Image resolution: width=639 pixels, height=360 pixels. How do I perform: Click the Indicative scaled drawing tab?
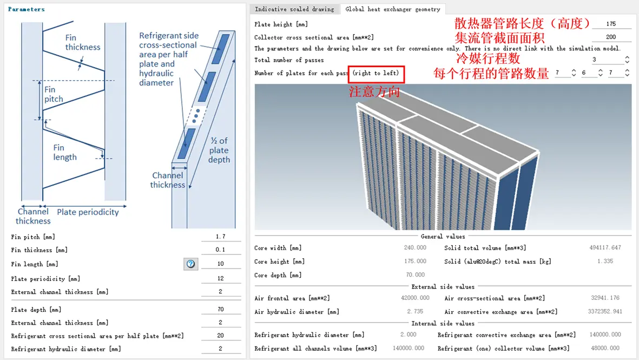pyautogui.click(x=294, y=9)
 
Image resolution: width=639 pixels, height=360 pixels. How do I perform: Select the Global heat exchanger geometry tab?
pyautogui.click(x=392, y=9)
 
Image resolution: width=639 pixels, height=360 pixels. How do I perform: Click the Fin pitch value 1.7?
pyautogui.click(x=220, y=237)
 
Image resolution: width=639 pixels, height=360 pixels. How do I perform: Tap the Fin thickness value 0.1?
pyautogui.click(x=220, y=250)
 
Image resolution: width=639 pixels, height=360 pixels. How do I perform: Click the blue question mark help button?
pyautogui.click(x=190, y=264)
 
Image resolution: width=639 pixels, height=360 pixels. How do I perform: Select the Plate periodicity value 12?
pyautogui.click(x=220, y=279)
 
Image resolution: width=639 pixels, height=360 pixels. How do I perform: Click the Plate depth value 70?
pyautogui.click(x=220, y=310)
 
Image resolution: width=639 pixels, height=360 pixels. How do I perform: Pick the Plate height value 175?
pyautogui.click(x=611, y=24)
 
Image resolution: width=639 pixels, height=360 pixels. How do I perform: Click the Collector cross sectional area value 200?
pyautogui.click(x=611, y=37)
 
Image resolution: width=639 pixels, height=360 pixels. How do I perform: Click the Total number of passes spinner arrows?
pyautogui.click(x=627, y=60)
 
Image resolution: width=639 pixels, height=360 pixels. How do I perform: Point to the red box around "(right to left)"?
pyautogui.click(x=377, y=73)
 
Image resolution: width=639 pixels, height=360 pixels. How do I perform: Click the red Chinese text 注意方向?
pyautogui.click(x=374, y=92)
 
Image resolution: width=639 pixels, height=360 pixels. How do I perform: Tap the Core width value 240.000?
pyautogui.click(x=415, y=248)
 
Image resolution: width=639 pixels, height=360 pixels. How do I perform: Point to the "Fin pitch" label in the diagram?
pyautogui.click(x=54, y=94)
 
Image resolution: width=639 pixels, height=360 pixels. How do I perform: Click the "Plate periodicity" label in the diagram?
pyautogui.click(x=88, y=212)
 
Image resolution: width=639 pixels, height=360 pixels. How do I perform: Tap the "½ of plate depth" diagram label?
pyautogui.click(x=219, y=150)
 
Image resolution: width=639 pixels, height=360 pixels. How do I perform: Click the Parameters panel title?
pyautogui.click(x=27, y=9)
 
